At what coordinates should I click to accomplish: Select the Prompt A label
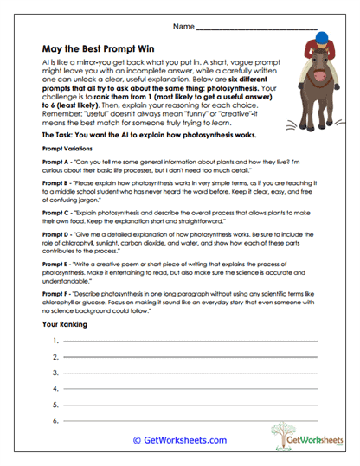(x=55, y=163)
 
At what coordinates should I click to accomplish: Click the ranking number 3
(x=55, y=373)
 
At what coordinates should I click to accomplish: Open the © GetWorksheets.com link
(x=179, y=440)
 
